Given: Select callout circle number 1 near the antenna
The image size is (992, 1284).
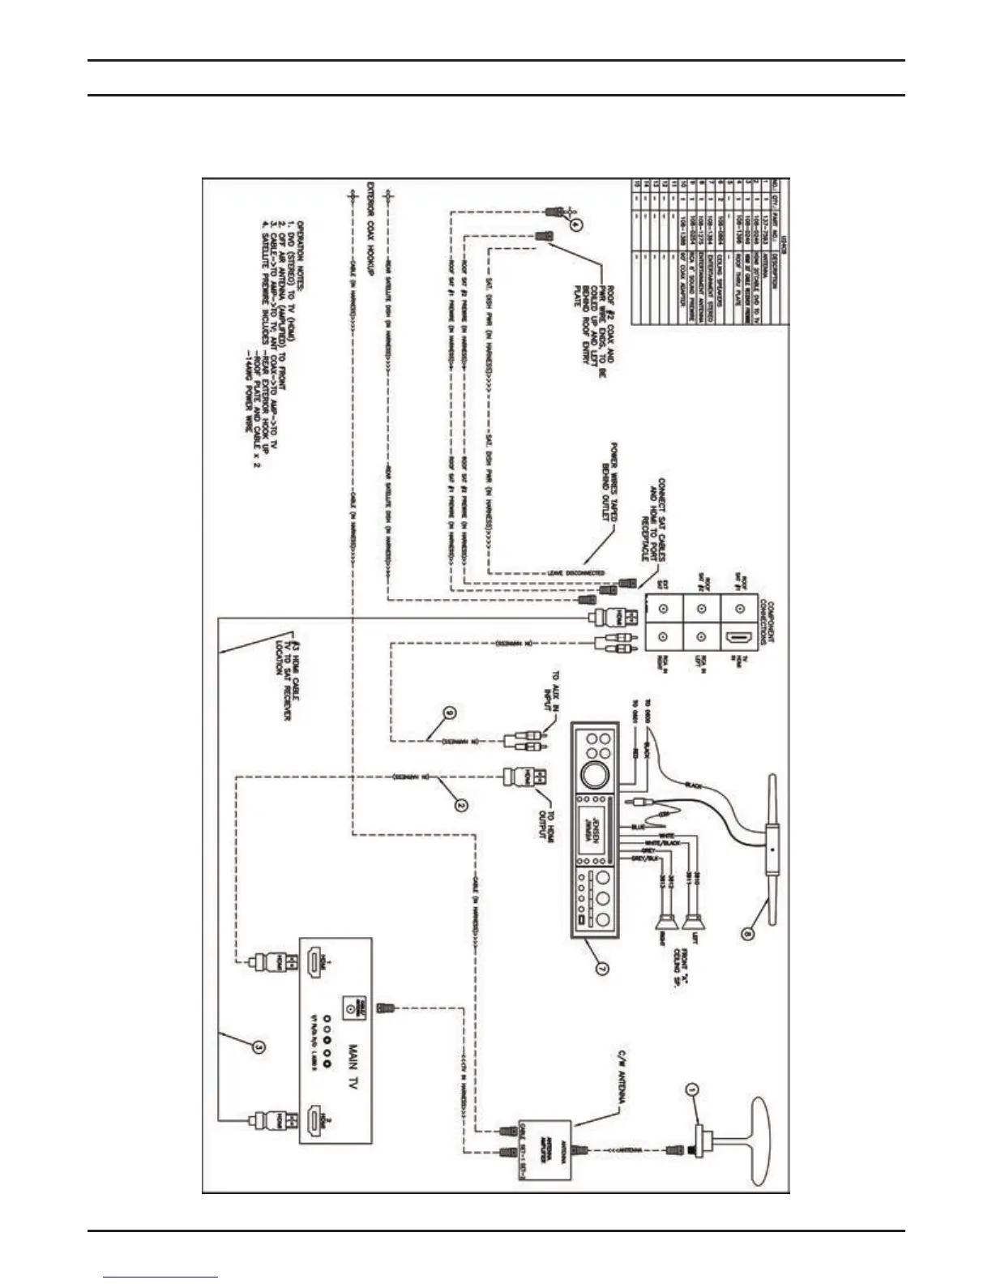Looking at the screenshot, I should pos(691,1089).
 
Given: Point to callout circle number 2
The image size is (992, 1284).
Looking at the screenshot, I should pos(460,805).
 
